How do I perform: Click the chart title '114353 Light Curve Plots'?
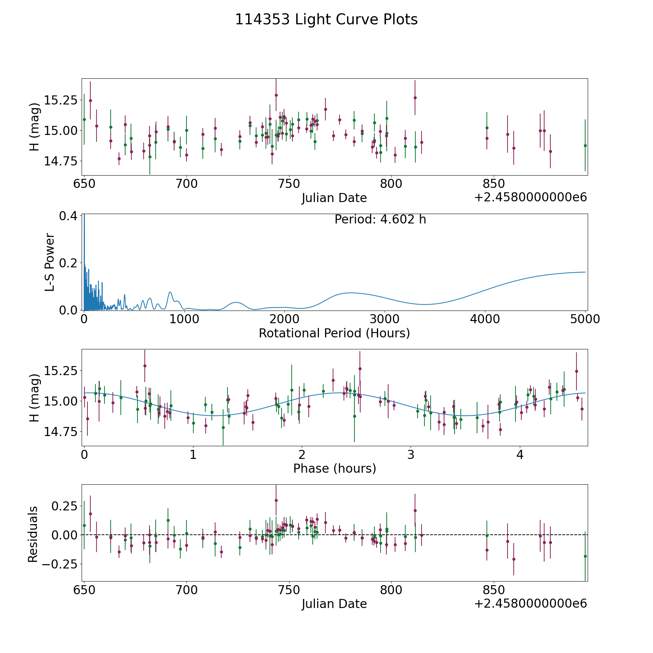[326, 20]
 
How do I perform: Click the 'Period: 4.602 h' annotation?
[380, 219]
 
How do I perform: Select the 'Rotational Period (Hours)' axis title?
[334, 333]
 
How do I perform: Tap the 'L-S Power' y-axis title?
[50, 262]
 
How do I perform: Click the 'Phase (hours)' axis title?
[334, 468]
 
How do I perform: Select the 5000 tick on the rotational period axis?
[586, 319]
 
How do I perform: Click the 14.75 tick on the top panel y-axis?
[61, 161]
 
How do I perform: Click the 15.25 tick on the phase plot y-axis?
[61, 371]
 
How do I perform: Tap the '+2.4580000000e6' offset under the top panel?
[530, 198]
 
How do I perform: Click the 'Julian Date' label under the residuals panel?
[334, 604]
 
